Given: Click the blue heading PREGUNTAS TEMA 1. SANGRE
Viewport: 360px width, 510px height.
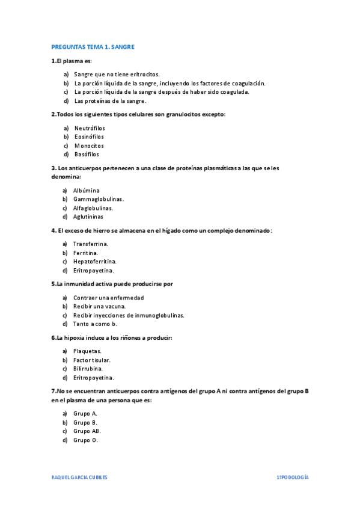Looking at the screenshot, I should tap(93, 46).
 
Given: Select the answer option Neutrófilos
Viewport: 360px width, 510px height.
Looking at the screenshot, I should tap(90, 127).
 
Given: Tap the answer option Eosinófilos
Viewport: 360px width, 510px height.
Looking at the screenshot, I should tap(89, 137).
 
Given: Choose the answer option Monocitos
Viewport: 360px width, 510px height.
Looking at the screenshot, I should tap(89, 146).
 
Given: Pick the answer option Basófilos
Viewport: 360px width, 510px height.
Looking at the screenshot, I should tap(87, 155).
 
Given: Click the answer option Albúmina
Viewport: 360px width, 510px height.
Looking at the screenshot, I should tap(87, 190).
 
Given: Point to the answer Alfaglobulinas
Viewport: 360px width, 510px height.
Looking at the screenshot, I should tap(93, 208).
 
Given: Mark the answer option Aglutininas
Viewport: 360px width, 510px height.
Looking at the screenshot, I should tap(88, 217).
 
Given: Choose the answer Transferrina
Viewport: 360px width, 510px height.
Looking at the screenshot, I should tap(91, 244).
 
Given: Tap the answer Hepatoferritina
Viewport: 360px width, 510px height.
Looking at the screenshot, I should tap(95, 262).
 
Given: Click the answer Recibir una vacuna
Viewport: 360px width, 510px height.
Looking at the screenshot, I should tap(100, 306).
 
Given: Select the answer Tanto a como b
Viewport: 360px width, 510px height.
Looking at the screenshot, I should tap(95, 324).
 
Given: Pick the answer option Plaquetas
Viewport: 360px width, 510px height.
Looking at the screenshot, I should tap(88, 351).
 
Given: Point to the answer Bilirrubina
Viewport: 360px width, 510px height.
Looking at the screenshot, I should tap(88, 369).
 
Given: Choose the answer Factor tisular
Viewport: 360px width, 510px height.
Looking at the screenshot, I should tap(92, 360).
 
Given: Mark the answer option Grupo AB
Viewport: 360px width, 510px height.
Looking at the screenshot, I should tap(87, 431).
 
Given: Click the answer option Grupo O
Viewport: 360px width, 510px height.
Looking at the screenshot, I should tap(85, 440).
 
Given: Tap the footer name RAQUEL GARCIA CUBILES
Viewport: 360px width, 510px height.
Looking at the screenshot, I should tap(79, 476).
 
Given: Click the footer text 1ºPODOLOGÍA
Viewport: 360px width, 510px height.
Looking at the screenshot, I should tap(293, 476).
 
